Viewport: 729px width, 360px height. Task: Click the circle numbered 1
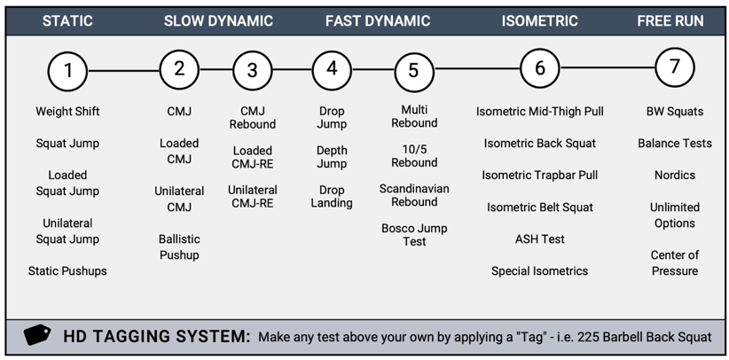68,70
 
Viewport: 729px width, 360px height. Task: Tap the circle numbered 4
332,68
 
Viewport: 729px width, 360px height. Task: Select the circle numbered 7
674,67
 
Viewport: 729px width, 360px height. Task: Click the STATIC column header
67,21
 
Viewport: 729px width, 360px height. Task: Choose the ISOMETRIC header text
539,21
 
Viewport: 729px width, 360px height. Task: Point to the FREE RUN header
670,21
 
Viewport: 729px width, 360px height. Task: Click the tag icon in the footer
36,336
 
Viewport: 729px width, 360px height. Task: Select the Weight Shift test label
67,112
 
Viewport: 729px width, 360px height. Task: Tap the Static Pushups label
67,270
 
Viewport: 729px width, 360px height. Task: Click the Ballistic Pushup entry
179,247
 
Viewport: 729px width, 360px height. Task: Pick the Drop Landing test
332,196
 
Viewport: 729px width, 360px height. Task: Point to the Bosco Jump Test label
414,235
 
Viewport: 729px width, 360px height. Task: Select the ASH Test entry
539,239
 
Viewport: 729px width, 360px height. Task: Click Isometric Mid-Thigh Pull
539,112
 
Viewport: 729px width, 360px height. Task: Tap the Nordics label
674,175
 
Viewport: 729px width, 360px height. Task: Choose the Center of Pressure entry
674,262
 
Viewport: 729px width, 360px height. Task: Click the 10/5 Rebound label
414,156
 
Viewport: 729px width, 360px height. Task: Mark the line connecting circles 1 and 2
124,70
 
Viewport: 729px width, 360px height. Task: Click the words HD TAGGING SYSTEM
157,337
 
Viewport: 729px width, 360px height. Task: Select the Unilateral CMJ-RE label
252,196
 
